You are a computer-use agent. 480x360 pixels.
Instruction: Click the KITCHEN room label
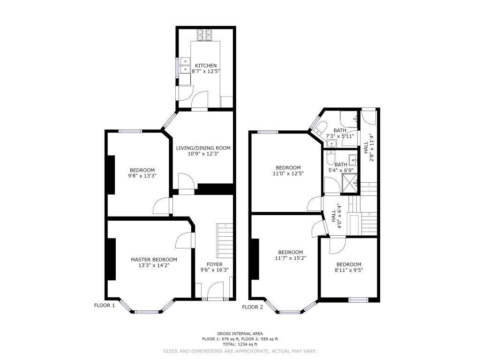click(206, 66)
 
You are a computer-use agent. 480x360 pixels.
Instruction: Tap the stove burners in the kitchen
click(204, 35)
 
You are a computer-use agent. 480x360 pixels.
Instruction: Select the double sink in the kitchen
click(185, 66)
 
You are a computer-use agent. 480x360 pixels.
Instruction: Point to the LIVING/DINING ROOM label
click(203, 148)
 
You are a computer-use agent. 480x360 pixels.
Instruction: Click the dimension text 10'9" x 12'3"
click(203, 154)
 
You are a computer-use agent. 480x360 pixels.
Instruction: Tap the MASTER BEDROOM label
click(154, 260)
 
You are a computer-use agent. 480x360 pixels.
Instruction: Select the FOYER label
click(215, 264)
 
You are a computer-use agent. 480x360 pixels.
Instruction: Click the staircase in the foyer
click(225, 240)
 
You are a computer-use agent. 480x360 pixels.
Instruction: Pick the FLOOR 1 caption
click(105, 305)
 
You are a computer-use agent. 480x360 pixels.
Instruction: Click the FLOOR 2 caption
click(253, 307)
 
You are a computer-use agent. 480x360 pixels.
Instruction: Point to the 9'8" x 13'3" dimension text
click(142, 176)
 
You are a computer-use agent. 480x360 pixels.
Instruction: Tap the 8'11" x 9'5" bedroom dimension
click(349, 270)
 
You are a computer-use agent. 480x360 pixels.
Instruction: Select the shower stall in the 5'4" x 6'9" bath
click(350, 184)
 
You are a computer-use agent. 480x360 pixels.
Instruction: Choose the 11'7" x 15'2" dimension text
click(291, 258)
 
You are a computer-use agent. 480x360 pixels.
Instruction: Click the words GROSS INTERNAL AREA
click(240, 334)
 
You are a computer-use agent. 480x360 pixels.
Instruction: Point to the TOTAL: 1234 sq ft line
click(240, 344)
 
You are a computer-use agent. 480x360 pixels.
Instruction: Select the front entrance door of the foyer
click(215, 290)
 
